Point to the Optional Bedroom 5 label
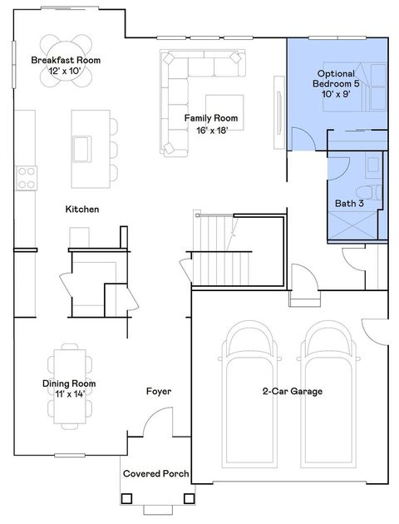pos(337,82)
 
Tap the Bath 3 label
pos(349,203)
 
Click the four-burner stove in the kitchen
pos(27,176)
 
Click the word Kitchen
pos(82,210)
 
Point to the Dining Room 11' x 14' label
pos(70,389)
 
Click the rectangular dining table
pos(70,370)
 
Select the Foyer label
pos(159,391)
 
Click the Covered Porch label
pos(155,474)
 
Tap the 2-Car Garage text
pos(292,391)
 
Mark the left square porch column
pos(127,499)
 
